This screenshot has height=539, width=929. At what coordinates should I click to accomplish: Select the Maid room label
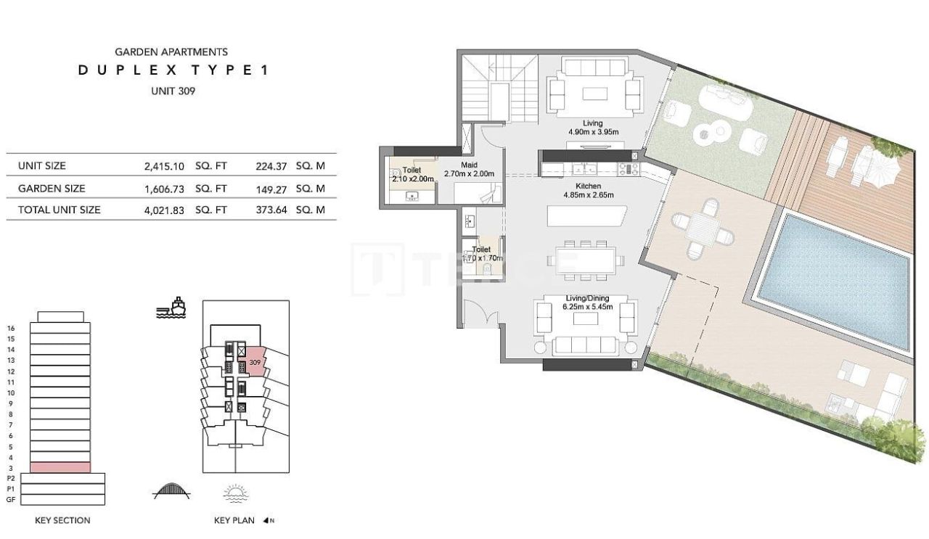(469, 165)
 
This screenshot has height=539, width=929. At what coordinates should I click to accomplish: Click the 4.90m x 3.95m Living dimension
(592, 133)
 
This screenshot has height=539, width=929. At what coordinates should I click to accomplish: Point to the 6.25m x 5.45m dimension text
(588, 306)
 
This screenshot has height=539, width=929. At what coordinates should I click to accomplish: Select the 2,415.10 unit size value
(166, 165)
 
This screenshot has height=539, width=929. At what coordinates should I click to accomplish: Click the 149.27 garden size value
(271, 188)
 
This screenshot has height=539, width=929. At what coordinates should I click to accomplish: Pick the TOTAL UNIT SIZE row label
(60, 210)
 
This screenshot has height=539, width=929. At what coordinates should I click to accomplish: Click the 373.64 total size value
(271, 210)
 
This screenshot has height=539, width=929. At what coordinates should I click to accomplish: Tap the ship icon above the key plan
(171, 308)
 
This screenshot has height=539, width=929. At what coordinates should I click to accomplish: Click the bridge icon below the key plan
(171, 492)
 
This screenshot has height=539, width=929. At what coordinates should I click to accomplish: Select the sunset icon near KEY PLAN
(236, 494)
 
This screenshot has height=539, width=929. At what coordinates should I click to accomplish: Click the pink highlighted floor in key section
(60, 467)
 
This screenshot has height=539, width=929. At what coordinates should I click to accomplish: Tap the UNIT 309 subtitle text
(173, 91)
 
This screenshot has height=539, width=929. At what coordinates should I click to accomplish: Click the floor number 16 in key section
(10, 328)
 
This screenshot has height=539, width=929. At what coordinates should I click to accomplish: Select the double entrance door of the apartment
(480, 316)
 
